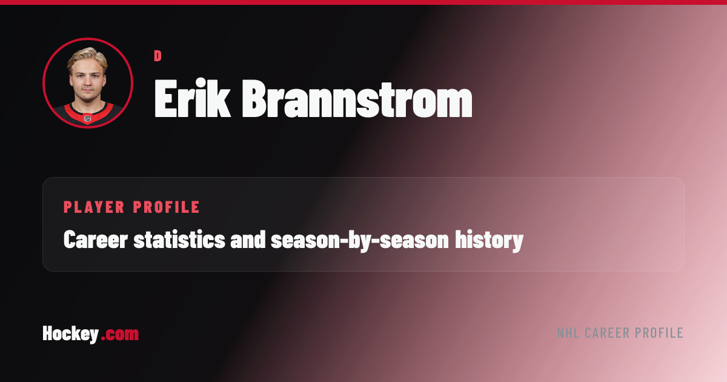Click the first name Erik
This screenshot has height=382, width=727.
coord(192,98)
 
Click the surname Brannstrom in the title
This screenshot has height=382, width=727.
coord(357,98)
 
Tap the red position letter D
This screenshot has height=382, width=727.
coord(158,56)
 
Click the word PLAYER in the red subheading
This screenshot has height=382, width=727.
coord(94,207)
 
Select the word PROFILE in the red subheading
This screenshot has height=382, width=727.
coord(166,207)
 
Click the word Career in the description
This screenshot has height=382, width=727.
coord(96,240)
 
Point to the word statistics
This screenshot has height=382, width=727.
coord(179,240)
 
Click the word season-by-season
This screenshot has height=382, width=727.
coord(360,241)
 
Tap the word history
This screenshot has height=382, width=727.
coord(489,241)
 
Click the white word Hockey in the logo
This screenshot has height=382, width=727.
coord(70,334)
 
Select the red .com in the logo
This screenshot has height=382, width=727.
coord(120,335)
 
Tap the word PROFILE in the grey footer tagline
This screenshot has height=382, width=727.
coord(659,333)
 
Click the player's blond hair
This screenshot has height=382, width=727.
coord(87,58)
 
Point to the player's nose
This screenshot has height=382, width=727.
coord(87,83)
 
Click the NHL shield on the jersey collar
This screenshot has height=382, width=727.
coord(88,118)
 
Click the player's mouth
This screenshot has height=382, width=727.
coord(87,91)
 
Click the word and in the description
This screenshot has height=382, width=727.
coord(248,240)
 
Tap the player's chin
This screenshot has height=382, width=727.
coord(87,98)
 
